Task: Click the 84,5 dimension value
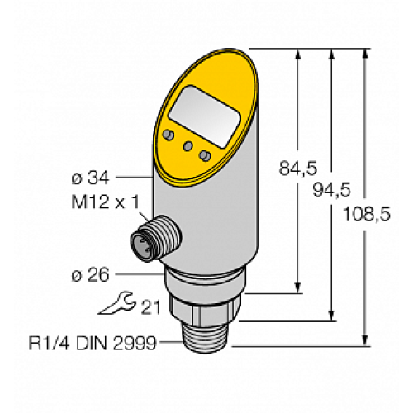299,168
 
